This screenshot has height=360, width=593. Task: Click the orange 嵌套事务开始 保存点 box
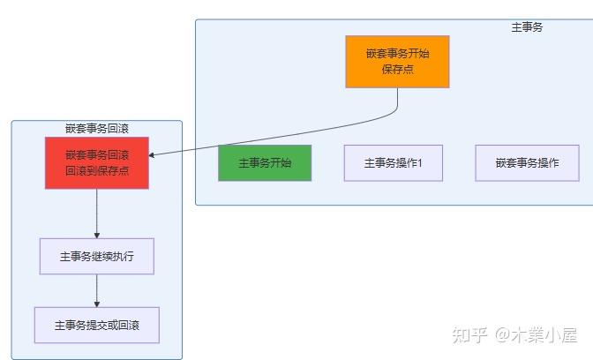(x=397, y=62)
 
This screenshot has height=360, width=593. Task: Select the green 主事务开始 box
(x=265, y=163)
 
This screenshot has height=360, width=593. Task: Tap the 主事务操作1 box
(x=393, y=163)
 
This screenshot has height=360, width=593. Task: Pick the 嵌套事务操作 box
(x=527, y=163)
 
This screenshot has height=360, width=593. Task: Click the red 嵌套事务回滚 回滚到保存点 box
(x=97, y=163)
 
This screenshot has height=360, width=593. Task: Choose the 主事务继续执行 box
(x=97, y=257)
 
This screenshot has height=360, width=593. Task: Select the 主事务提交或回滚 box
(x=97, y=325)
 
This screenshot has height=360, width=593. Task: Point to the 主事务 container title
(x=527, y=27)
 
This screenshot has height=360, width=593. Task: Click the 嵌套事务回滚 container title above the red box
(x=97, y=129)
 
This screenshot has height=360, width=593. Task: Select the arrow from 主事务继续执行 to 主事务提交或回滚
(x=97, y=290)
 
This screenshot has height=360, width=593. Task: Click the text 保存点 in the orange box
(x=397, y=70)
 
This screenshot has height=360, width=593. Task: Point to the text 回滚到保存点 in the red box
(x=97, y=171)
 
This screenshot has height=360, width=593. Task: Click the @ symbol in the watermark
(x=501, y=336)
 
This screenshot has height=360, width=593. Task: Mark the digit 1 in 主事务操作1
(x=421, y=163)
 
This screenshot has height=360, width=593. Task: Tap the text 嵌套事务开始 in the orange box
(x=397, y=53)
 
